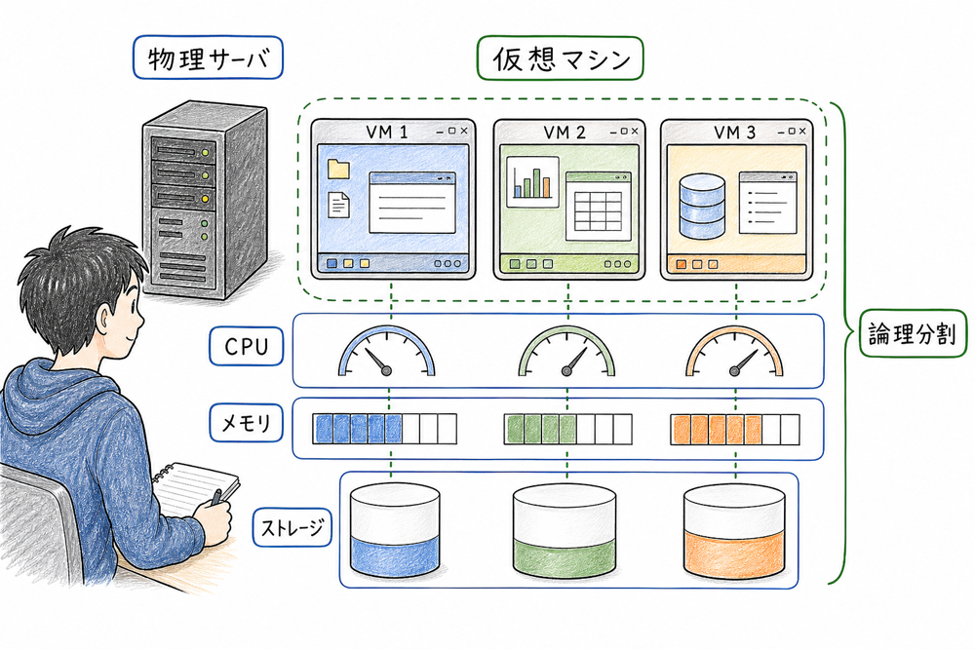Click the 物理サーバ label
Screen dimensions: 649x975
(x=205, y=60)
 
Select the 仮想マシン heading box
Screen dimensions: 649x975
(x=560, y=58)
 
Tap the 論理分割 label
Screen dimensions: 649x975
(x=911, y=336)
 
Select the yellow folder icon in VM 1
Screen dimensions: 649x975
(x=338, y=169)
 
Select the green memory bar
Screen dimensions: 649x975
(x=560, y=428)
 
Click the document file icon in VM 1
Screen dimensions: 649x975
(x=339, y=204)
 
